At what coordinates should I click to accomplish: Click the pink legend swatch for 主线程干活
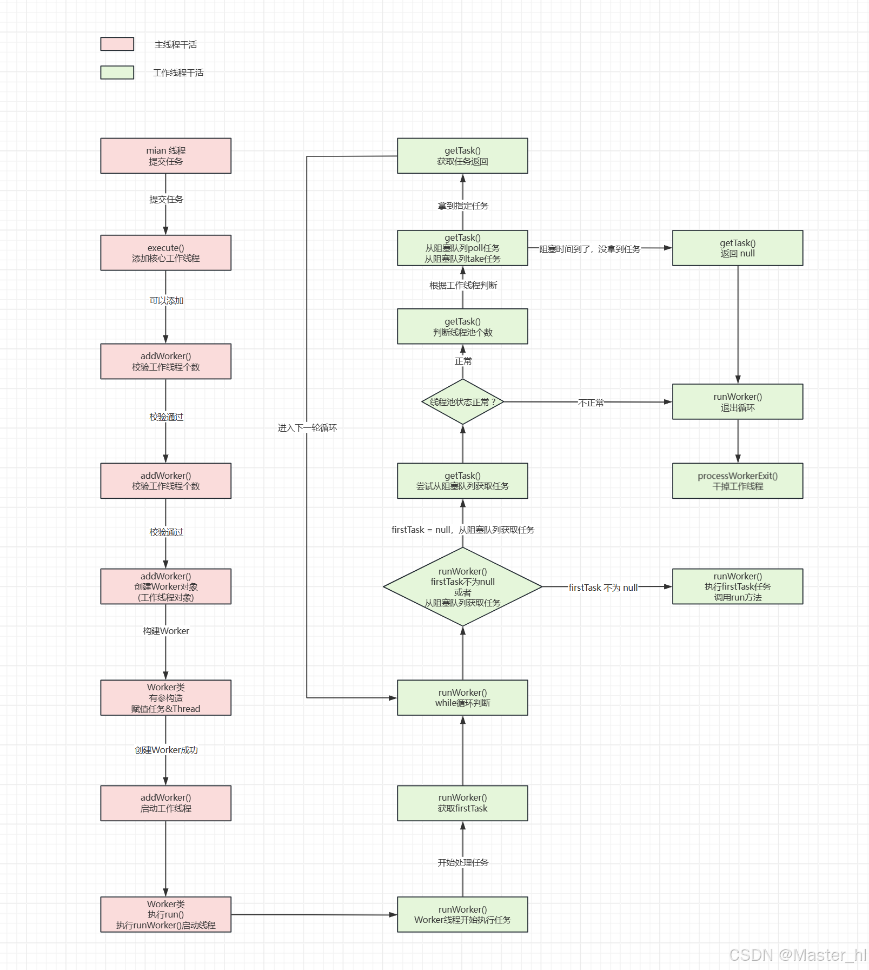(x=117, y=44)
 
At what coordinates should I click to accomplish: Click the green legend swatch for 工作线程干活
(x=117, y=72)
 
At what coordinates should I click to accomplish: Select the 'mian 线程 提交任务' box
(x=165, y=156)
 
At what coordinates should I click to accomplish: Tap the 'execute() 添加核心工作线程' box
(x=165, y=253)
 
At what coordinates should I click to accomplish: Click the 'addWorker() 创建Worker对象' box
(x=165, y=586)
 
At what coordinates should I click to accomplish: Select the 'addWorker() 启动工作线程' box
(x=165, y=803)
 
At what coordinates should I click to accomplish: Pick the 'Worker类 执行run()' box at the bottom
(x=165, y=914)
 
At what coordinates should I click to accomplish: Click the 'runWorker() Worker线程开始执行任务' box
(x=462, y=914)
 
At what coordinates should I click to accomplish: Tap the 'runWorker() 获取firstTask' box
(x=462, y=803)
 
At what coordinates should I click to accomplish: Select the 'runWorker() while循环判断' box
(x=462, y=697)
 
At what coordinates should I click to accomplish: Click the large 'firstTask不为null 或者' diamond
(x=462, y=587)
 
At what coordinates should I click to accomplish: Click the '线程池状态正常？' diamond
(x=462, y=402)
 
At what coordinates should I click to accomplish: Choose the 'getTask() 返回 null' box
(x=737, y=248)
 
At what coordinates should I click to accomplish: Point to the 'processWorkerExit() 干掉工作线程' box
(x=737, y=480)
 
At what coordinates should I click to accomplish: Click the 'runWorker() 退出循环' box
(x=737, y=401)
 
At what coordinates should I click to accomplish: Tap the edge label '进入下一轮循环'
(x=307, y=428)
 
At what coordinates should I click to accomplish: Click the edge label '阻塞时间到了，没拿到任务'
(x=589, y=249)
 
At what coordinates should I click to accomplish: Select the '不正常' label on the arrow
(x=591, y=402)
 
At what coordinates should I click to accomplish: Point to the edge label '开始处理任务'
(x=462, y=862)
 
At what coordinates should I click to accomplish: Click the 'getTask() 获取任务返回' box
(x=462, y=156)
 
